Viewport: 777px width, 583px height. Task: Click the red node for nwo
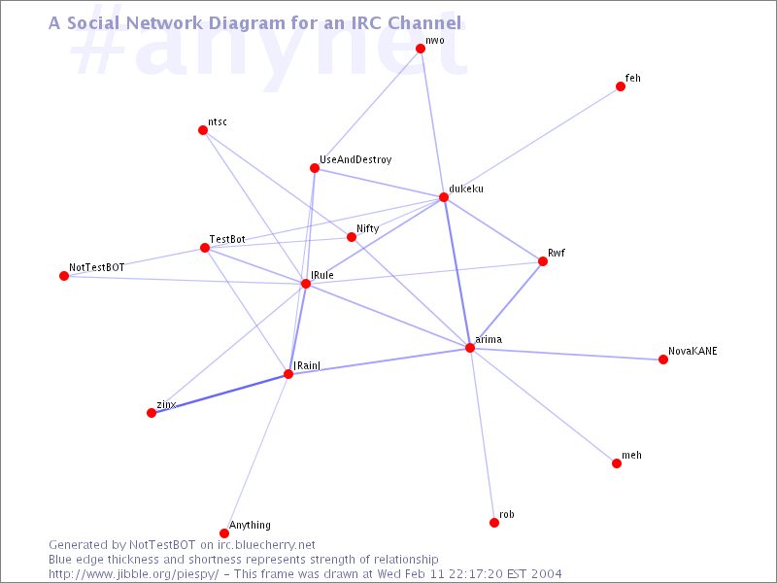421,48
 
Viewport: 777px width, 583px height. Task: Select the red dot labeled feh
621,86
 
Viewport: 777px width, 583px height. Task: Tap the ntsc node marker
203,130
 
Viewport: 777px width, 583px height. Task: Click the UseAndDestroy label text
355,159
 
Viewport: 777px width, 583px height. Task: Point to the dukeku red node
444,197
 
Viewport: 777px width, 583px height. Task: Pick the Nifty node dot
352,237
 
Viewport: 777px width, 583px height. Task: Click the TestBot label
227,239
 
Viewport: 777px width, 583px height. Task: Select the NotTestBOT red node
64,276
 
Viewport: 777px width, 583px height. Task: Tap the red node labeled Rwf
543,261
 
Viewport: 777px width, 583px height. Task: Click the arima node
470,348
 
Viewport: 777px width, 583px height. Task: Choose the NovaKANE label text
693,351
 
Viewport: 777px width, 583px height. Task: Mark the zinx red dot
152,413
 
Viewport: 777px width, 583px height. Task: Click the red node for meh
617,463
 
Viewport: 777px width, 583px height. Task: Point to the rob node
494,523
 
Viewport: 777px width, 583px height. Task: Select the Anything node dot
224,533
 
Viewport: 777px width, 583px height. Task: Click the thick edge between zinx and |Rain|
220,394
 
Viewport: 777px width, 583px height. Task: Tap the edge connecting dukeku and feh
531,142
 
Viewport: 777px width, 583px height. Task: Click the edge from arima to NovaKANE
566,354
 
